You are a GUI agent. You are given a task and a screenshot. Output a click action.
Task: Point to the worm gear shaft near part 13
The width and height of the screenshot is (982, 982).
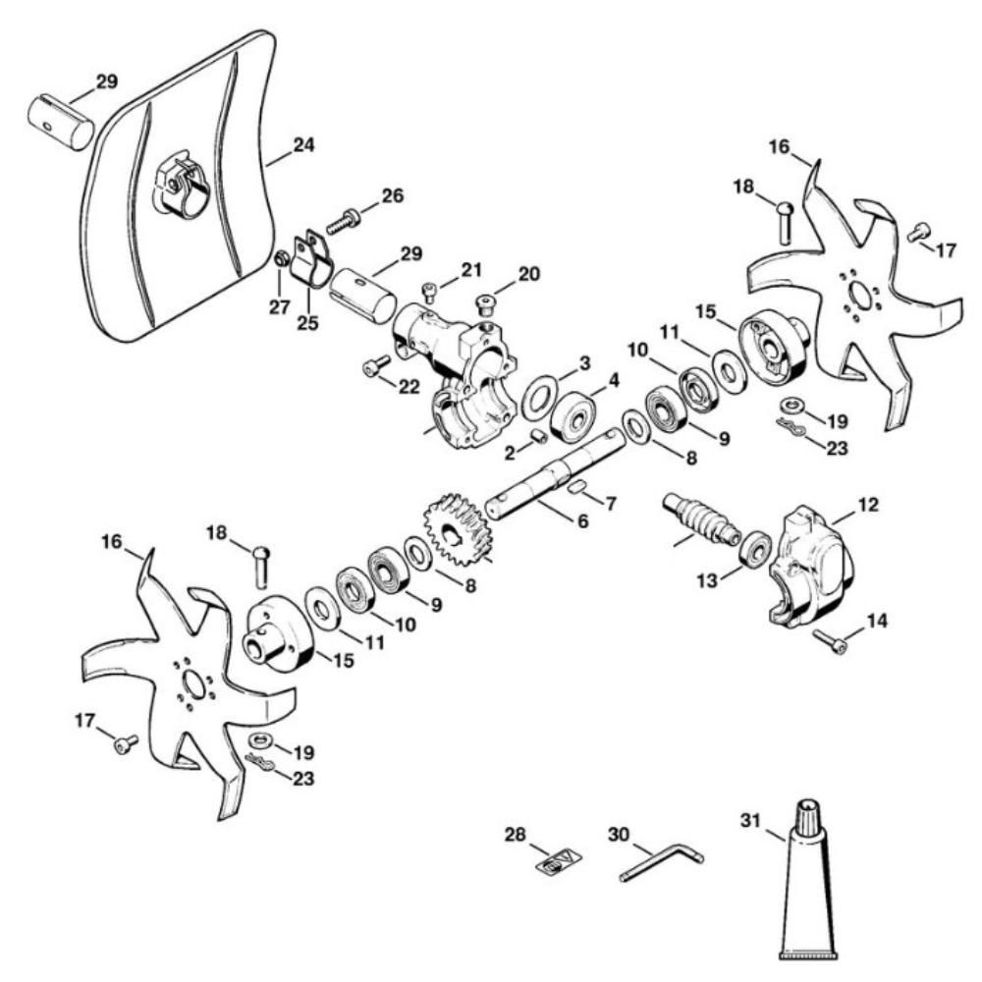[700, 518]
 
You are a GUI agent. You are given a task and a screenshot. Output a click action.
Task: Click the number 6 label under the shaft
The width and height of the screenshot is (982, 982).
[582, 521]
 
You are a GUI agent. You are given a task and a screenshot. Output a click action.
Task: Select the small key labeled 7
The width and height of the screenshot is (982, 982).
[578, 486]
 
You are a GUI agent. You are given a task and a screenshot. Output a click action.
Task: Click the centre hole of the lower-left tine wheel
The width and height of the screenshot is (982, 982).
[194, 683]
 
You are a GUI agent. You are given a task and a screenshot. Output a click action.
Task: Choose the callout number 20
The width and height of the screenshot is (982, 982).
[528, 274]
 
